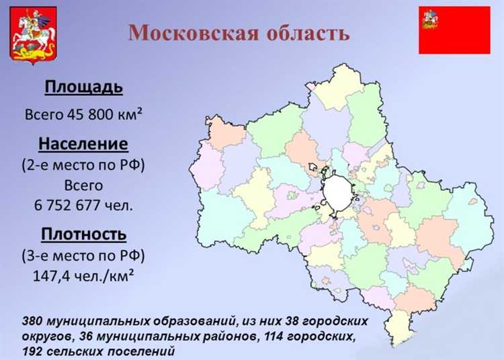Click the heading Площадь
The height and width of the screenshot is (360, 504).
(x=83, y=87)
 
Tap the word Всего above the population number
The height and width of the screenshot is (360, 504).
(x=83, y=185)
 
